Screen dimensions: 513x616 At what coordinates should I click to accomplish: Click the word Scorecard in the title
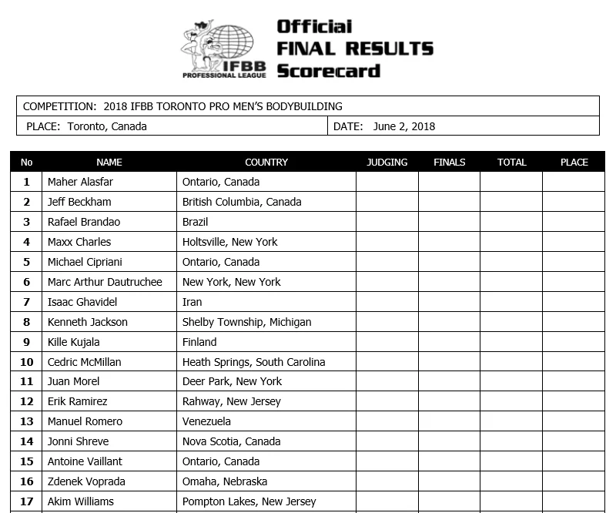(x=329, y=71)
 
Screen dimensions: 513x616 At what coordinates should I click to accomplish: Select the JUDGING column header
(x=387, y=163)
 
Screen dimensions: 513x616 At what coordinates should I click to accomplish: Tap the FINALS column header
(x=450, y=163)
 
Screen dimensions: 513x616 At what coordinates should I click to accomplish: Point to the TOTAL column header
(x=511, y=163)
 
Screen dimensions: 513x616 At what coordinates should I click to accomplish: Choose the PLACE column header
(x=574, y=163)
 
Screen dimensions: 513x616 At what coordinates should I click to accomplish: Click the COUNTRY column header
(x=266, y=163)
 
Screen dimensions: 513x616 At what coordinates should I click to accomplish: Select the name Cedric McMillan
(x=84, y=362)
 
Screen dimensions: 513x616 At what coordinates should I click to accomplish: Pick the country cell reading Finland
(x=199, y=342)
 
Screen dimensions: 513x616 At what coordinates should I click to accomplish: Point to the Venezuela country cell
(x=206, y=421)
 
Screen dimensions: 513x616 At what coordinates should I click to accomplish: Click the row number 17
(x=27, y=501)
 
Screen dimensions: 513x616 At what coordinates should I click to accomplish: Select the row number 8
(x=27, y=322)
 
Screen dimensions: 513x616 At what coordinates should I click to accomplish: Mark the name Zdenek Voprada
(x=86, y=481)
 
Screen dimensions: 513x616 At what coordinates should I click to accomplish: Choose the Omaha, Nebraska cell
(x=225, y=481)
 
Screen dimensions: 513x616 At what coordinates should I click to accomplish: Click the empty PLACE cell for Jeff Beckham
(x=574, y=202)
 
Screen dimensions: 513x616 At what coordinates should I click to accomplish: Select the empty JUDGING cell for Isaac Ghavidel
(x=387, y=302)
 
